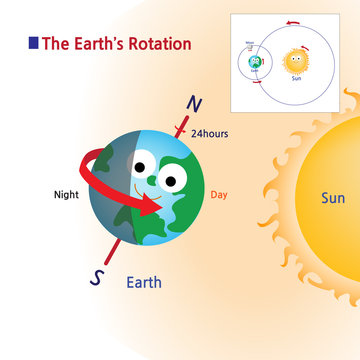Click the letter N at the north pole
pyautogui.click(x=194, y=105)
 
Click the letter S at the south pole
pyautogui.click(x=97, y=279)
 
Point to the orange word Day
pyautogui.click(x=221, y=195)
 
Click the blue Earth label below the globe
pyautogui.click(x=143, y=283)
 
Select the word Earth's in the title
pyautogui.click(x=101, y=44)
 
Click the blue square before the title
pyautogui.click(x=34, y=43)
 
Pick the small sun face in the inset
pyautogui.click(x=296, y=61)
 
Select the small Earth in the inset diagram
pyautogui.click(x=256, y=63)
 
